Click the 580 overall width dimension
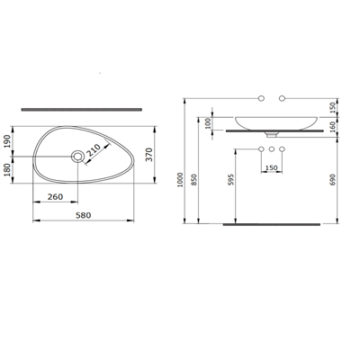point(85,215)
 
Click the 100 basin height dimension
point(210,121)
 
